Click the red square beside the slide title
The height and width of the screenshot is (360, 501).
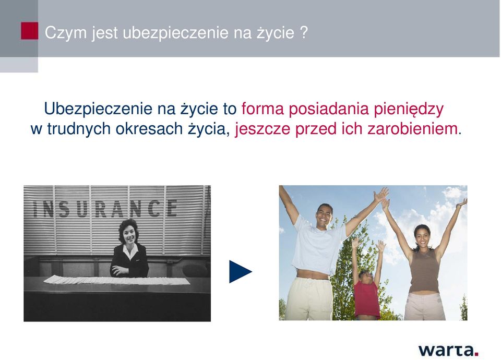[x=29, y=31]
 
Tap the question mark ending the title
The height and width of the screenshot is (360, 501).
[x=304, y=32]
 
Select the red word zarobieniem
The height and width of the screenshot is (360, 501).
[x=412, y=129]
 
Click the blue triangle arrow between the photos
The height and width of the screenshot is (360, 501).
[x=240, y=271]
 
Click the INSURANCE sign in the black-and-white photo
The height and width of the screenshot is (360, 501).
[x=105, y=209]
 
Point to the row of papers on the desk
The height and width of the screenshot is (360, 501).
[x=116, y=280]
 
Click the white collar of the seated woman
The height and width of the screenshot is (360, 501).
[x=130, y=250]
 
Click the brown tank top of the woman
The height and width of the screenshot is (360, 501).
[x=425, y=270]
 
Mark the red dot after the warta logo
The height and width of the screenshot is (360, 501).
[x=476, y=354]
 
